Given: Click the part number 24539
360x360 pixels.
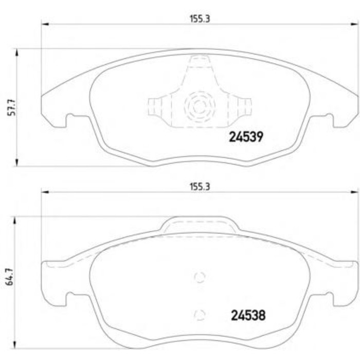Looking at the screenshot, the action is pyautogui.click(x=246, y=137).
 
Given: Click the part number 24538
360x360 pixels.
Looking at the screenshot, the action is pyautogui.click(x=248, y=315).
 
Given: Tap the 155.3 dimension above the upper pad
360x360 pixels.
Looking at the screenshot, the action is pyautogui.click(x=200, y=19).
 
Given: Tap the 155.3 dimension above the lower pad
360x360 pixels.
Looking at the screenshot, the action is pyautogui.click(x=200, y=187).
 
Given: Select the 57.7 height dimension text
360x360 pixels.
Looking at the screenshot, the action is pyautogui.click(x=12, y=107).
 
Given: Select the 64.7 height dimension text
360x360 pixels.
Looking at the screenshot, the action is pyautogui.click(x=10, y=277).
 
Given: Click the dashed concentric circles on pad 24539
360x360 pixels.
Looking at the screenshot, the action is pyautogui.click(x=200, y=106).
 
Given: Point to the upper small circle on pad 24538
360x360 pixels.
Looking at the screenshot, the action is pyautogui.click(x=200, y=277).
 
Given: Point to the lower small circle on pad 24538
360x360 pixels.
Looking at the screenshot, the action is pyautogui.click(x=200, y=315).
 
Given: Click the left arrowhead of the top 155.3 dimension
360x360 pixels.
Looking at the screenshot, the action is pyautogui.click(x=45, y=24).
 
